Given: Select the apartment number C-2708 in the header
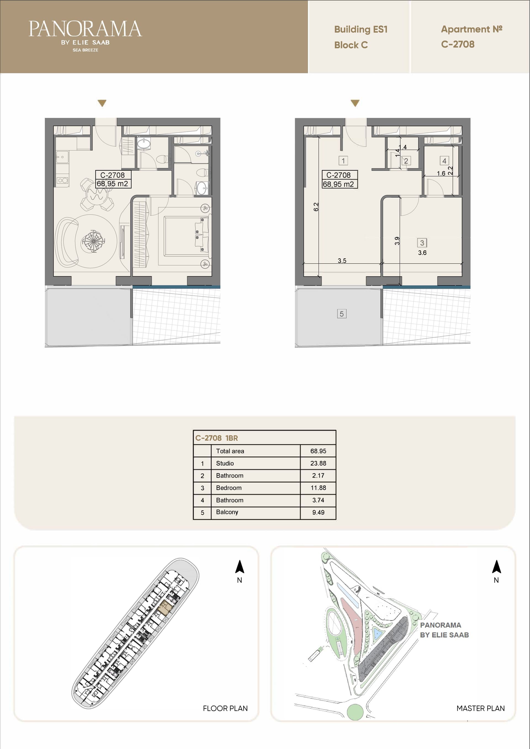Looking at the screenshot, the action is pyautogui.click(x=458, y=44).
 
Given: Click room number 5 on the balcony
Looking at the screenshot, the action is pyautogui.click(x=341, y=314).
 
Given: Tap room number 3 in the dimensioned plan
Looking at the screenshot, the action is pyautogui.click(x=422, y=243).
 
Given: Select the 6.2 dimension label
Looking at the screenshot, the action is pyautogui.click(x=316, y=207).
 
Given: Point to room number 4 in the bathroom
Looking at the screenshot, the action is pyautogui.click(x=444, y=161).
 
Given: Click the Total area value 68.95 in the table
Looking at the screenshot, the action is pyautogui.click(x=318, y=451).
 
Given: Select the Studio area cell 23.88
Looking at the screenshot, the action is pyautogui.click(x=318, y=463).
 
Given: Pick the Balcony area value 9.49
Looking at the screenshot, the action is pyautogui.click(x=318, y=512).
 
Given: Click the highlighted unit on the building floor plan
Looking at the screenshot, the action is pyautogui.click(x=165, y=608).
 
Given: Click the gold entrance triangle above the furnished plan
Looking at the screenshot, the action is pyautogui.click(x=102, y=103).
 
